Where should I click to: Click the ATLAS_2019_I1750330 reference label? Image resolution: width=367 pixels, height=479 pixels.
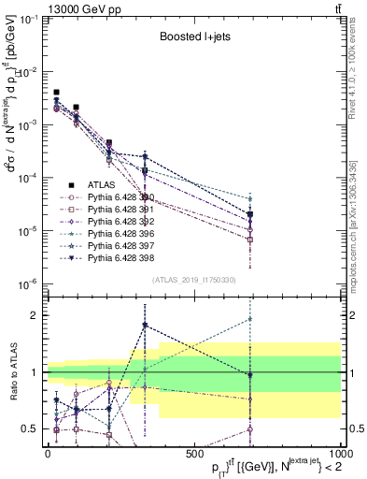point(194,280)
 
